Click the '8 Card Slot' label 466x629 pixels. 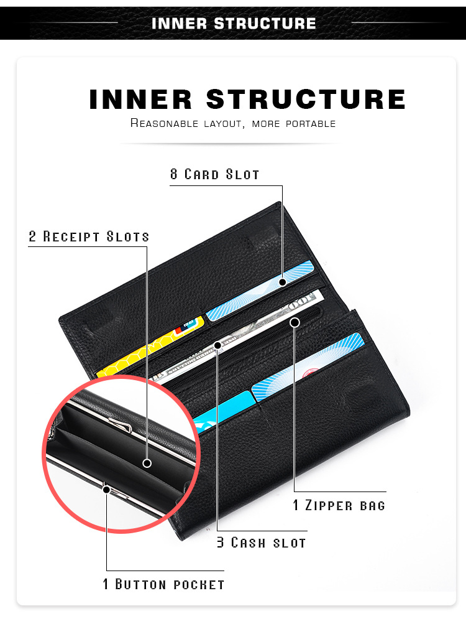[x=215, y=174]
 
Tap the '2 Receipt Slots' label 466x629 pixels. [x=89, y=237]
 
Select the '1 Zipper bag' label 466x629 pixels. [x=339, y=505]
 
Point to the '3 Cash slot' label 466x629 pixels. [x=262, y=543]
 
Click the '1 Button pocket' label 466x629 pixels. [x=163, y=584]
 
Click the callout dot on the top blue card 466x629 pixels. [x=283, y=282]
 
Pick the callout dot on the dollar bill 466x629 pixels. [x=217, y=345]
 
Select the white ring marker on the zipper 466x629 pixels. [x=295, y=322]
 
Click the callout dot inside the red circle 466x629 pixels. [x=147, y=463]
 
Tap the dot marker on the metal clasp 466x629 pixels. [x=106, y=490]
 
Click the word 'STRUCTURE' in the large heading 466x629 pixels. [x=306, y=100]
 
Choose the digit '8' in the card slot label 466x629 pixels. [x=174, y=174]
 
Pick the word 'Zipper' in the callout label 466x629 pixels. [x=330, y=505]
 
